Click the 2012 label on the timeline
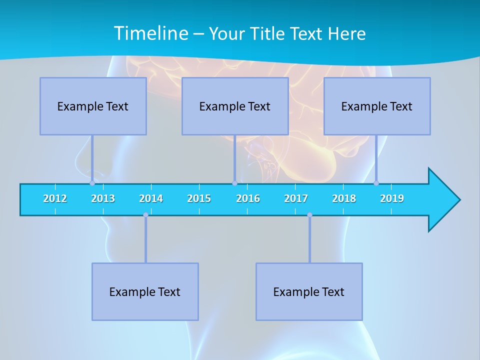55,198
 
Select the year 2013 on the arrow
103,198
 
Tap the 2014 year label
151,198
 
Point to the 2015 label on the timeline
199,198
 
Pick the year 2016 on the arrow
248,198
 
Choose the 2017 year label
296,198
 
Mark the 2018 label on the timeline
344,198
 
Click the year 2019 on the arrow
392,198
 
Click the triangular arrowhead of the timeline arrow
442,199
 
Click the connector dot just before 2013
92,183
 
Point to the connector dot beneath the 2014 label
145,215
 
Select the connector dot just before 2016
234,183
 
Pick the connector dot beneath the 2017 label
309,215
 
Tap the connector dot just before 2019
376,183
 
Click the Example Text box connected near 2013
93,106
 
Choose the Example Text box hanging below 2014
145,291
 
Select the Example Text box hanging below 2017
309,291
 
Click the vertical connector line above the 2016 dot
234,158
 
